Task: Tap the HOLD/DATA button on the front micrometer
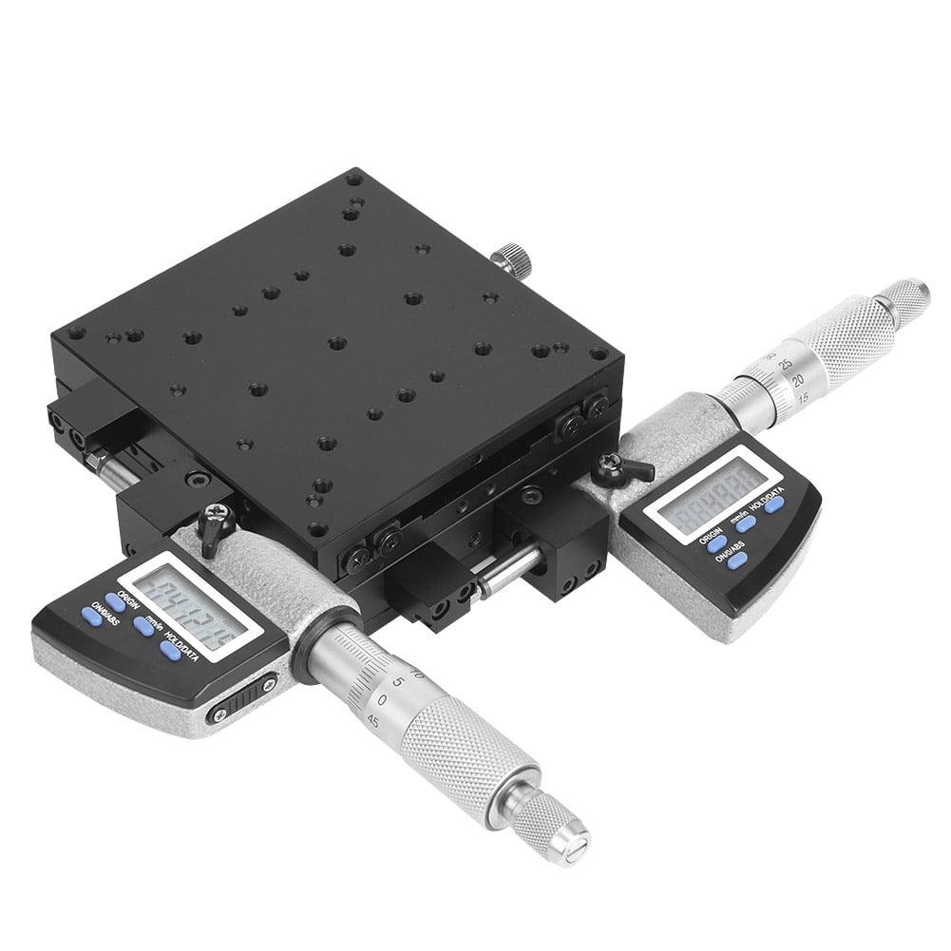tap(171, 650)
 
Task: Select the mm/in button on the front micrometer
tap(143, 625)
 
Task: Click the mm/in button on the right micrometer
tap(747, 522)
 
